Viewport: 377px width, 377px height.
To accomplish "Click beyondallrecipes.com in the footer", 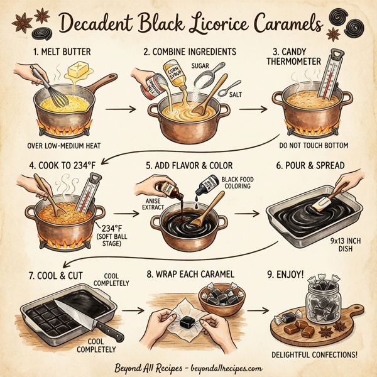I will point(226,369).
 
